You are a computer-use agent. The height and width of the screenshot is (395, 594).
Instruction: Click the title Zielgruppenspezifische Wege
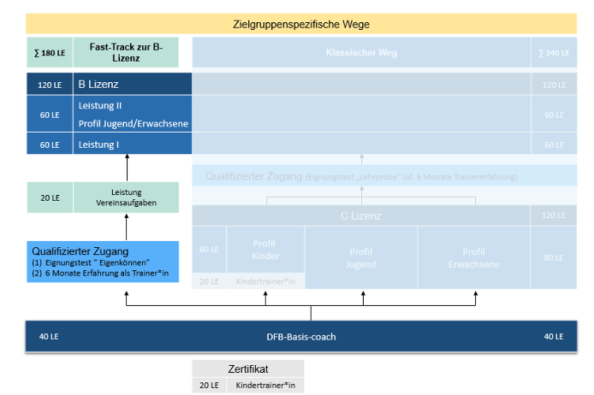[300, 24]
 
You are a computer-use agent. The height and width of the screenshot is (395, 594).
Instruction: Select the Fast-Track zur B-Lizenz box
[127, 53]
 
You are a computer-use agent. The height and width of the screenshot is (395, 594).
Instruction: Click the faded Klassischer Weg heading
[361, 53]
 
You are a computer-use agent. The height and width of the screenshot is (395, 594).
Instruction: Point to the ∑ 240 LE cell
[554, 53]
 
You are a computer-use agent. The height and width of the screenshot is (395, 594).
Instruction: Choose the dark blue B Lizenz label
[98, 85]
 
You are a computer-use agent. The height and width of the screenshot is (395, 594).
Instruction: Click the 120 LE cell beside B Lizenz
[50, 85]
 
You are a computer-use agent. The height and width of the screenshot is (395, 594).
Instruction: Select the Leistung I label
[99, 144]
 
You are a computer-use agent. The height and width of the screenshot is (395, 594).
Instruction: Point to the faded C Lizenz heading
[361, 216]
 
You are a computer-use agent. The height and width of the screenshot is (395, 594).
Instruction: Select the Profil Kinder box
[264, 249]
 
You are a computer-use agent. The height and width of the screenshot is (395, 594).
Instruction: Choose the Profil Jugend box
[361, 257]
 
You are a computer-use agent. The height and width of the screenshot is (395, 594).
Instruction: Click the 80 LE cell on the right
[554, 257]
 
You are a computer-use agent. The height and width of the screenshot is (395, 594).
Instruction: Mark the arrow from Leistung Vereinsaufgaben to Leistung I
[127, 168]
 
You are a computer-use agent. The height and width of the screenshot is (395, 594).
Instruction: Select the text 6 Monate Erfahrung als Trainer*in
[101, 273]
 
